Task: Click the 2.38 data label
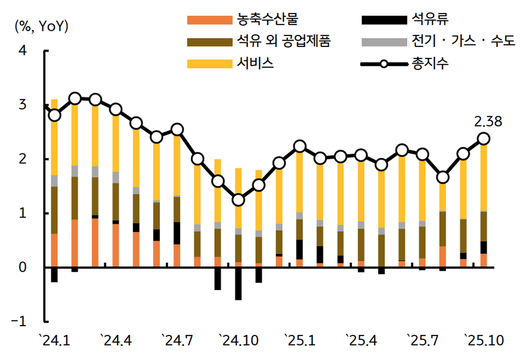pyautogui.click(x=488, y=122)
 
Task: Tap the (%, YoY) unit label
pyautogui.click(x=42, y=26)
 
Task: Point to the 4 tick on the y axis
pyautogui.click(x=23, y=51)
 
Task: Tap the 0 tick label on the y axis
pyautogui.click(x=23, y=268)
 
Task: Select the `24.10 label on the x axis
pyautogui.click(x=238, y=342)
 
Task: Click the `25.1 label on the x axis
pyautogui.click(x=299, y=342)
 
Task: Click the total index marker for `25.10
pyautogui.click(x=483, y=139)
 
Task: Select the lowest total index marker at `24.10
pyautogui.click(x=238, y=200)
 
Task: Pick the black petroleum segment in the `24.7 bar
pyautogui.click(x=177, y=233)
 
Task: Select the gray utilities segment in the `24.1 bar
pyautogui.click(x=54, y=181)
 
